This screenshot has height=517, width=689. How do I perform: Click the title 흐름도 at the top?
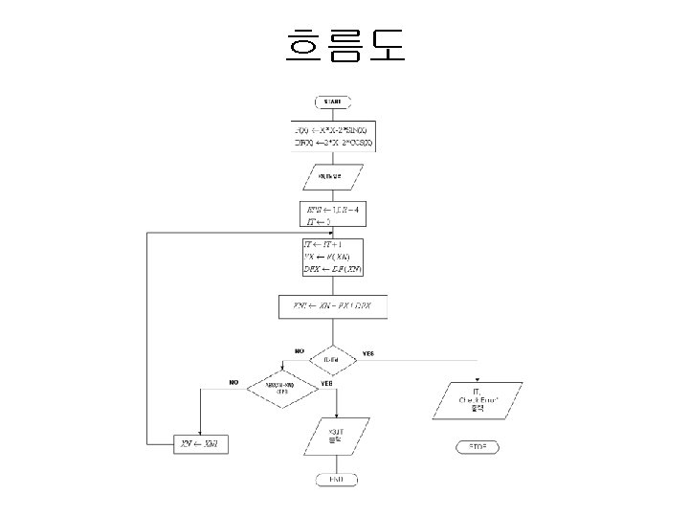pos(344,44)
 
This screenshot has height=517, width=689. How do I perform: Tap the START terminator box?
pos(332,101)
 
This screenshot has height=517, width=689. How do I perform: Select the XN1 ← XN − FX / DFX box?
pos(332,307)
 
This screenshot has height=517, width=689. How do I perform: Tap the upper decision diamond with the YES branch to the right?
pos(332,360)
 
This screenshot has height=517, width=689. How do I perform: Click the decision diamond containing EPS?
pos(281,388)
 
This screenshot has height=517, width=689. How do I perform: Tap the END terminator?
pos(335,478)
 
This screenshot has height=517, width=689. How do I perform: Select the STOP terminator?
pos(478,447)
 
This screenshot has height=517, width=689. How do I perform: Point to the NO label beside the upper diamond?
pos(299,352)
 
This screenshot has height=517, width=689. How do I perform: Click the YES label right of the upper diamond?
pos(367,353)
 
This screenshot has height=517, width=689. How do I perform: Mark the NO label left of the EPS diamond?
pos(233,381)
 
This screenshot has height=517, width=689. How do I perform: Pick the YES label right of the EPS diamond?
pos(326,382)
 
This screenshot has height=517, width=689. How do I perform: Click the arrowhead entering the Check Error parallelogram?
pos(478,380)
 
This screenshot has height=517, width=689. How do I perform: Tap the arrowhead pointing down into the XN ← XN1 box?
pos(199,432)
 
